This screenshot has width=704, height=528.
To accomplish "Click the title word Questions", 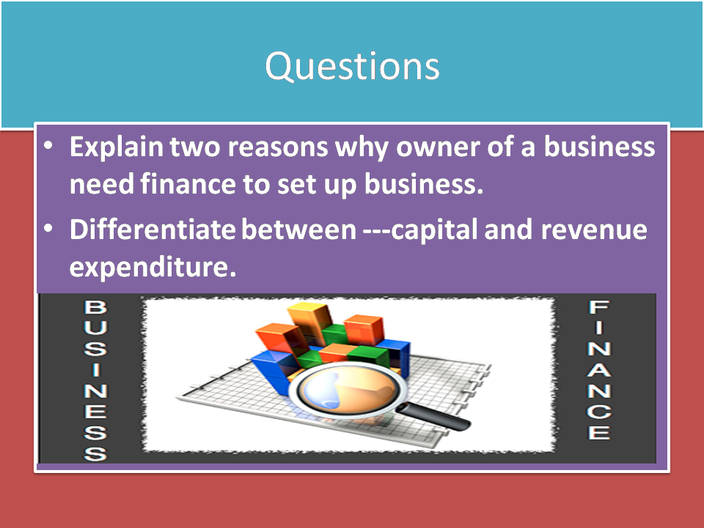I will [352, 67].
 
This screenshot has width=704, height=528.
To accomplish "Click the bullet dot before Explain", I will [48, 147].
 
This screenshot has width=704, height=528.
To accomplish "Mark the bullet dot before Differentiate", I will [48, 230].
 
